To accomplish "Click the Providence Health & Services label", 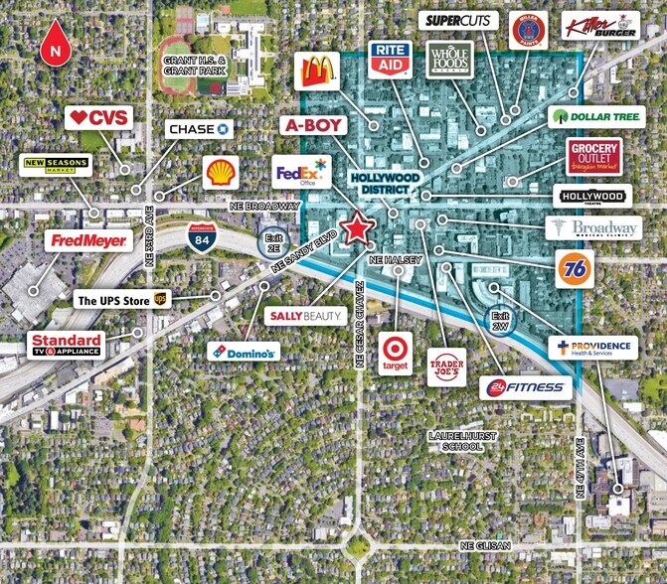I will pos(593,348).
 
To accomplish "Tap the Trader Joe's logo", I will pos(446,366).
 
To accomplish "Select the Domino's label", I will pos(244,351).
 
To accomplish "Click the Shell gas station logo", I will pos(221,172).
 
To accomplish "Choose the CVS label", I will pos(101,117).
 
